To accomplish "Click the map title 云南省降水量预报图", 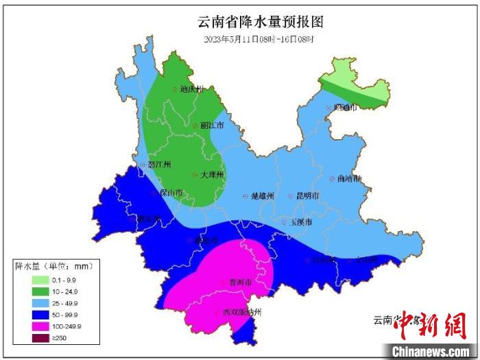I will (260, 22).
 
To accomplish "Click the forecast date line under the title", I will (259, 39).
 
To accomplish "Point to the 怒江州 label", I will (158, 165).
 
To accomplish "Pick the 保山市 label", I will (170, 193).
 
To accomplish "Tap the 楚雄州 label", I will (262, 196).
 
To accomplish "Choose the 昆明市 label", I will (307, 196).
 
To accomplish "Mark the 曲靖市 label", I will (349, 178).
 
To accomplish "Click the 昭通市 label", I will (345, 107).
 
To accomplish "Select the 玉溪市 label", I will (300, 223).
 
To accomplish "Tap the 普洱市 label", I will (240, 283).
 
